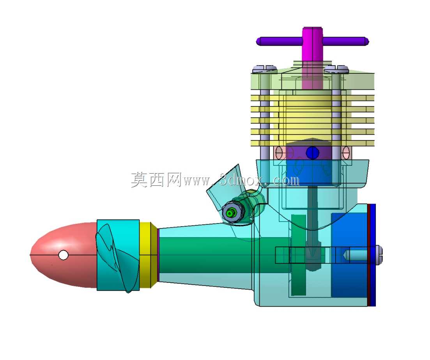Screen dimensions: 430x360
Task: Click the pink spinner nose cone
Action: coord(63,255)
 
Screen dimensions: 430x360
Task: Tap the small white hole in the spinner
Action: coord(63,255)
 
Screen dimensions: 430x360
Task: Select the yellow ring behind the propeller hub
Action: coord(148,255)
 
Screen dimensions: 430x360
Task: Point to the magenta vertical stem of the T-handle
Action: coord(312,58)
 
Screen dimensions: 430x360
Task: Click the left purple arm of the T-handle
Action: coord(279,41)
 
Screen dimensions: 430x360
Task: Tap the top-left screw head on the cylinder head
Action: coord(265,69)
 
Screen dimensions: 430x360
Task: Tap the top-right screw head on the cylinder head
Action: coord(336,69)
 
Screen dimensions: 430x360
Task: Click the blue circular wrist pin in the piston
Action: coord(312,153)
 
